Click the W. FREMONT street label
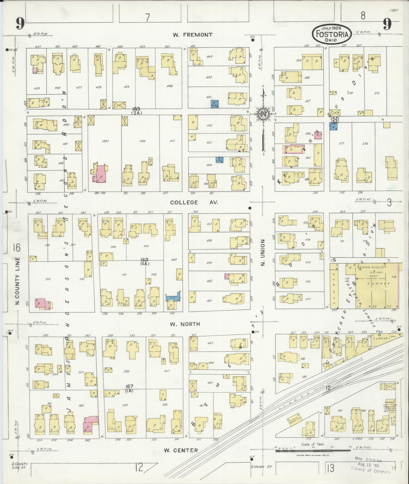tap(192, 35)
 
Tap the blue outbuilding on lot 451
tap(215, 104)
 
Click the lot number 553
tap(48, 279)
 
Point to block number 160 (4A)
tap(144, 261)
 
